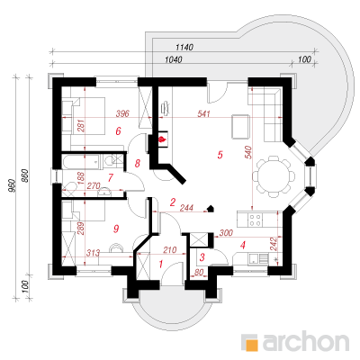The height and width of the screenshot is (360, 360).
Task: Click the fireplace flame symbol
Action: click(x=162, y=139)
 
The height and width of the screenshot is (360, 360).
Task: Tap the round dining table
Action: click(x=273, y=176)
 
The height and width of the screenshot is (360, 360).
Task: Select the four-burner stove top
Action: click(x=256, y=219)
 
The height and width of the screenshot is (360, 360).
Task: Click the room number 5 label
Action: click(x=220, y=155)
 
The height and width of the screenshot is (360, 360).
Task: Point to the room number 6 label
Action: click(x=118, y=130)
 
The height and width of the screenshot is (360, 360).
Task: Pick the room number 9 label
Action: click(x=116, y=229)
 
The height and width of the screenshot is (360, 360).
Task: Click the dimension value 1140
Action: click(x=184, y=47)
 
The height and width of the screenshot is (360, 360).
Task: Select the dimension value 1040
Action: click(x=174, y=59)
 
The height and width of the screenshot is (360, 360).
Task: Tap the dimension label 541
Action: click(x=203, y=113)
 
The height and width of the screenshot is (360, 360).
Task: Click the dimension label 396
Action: click(x=122, y=113)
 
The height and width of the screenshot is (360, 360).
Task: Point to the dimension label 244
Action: click(x=186, y=208)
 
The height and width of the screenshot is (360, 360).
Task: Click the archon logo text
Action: click(x=306, y=341)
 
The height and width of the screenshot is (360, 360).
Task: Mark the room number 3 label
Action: click(x=202, y=257)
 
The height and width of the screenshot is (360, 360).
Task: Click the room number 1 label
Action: click(x=161, y=265)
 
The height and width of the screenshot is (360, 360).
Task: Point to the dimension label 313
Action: click(x=93, y=253)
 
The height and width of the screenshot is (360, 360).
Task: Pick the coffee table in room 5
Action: click(x=240, y=126)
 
